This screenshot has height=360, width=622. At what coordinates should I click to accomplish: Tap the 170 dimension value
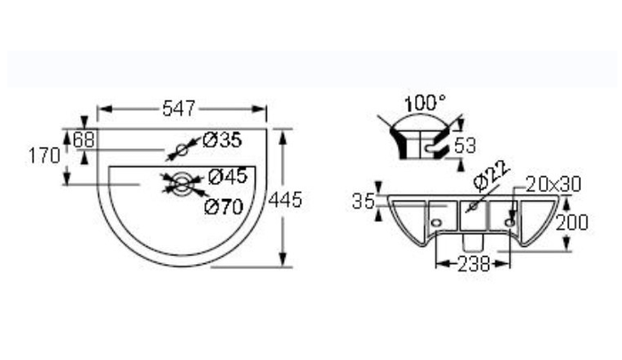[42, 156]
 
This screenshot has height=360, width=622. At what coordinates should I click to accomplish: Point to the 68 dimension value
[84, 139]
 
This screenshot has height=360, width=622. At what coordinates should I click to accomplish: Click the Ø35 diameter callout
[221, 140]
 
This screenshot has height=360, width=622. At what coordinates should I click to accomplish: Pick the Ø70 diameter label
[223, 206]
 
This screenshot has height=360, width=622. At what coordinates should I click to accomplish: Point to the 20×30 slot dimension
[553, 185]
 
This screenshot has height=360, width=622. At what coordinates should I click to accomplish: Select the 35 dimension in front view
[363, 202]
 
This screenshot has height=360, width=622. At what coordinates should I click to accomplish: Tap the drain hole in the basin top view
[183, 185]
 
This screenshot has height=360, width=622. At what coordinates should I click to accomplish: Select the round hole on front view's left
[437, 220]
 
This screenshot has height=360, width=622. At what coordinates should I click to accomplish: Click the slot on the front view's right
[512, 219]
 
